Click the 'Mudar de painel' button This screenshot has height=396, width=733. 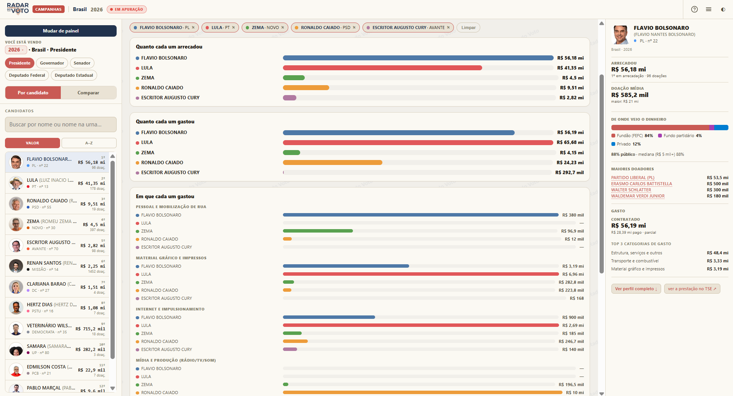point(61,31)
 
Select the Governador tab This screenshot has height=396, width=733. point(52,63)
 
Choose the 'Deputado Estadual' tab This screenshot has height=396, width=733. point(74,75)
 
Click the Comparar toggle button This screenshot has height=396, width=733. point(88,93)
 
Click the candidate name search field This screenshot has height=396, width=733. point(61,124)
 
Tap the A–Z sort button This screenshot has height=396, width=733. point(89,143)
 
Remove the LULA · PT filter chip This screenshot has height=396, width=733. point(234,27)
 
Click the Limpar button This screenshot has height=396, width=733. point(468,27)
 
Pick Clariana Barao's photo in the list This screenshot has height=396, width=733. point(16,287)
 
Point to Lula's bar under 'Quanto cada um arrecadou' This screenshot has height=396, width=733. point(382,68)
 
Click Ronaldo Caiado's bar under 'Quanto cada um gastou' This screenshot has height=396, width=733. point(333,163)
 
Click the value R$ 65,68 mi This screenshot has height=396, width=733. point(570,142)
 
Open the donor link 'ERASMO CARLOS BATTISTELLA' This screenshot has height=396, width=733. point(641,184)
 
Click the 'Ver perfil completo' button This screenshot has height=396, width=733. point(636,289)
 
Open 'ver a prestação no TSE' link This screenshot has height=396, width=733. point(692,289)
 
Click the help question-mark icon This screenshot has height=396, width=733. point(694,10)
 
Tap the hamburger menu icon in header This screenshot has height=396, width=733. point(709,10)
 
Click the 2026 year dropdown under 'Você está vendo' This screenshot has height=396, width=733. point(16,50)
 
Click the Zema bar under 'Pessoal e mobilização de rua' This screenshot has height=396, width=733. point(318,231)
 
